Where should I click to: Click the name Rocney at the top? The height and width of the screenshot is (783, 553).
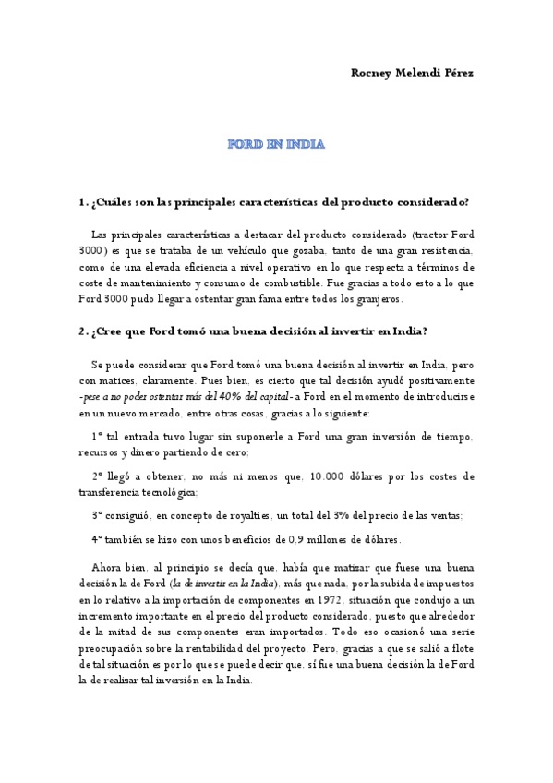point(372,73)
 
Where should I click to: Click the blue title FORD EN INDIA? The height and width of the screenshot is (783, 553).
point(276,144)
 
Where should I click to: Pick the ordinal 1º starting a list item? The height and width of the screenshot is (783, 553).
point(97,436)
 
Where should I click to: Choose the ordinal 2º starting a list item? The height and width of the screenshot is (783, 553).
point(97,476)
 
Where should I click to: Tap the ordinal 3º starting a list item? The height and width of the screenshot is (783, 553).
point(97,516)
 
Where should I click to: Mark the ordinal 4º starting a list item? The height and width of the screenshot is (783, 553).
point(97,539)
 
